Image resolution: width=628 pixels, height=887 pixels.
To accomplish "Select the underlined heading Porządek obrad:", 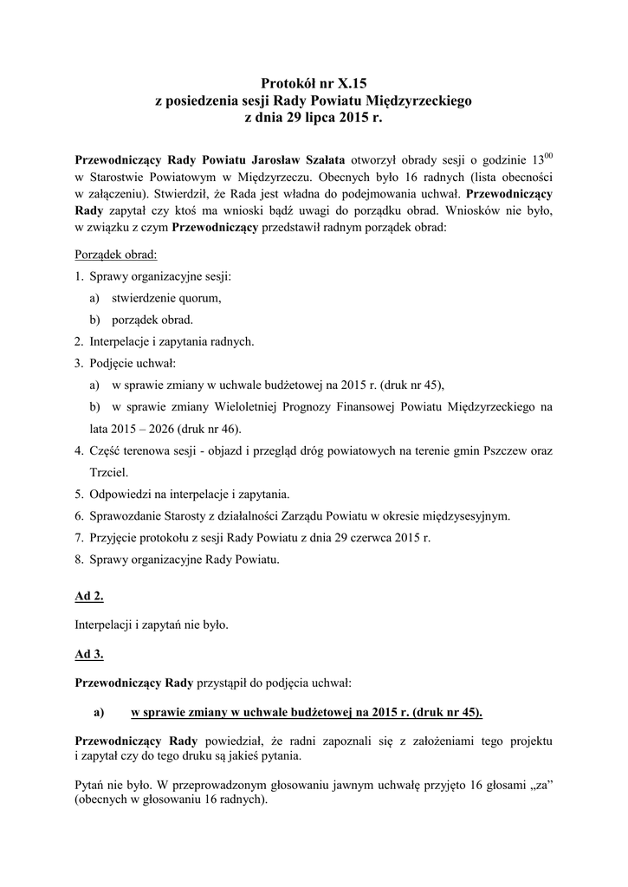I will pyautogui.click(x=116, y=256).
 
